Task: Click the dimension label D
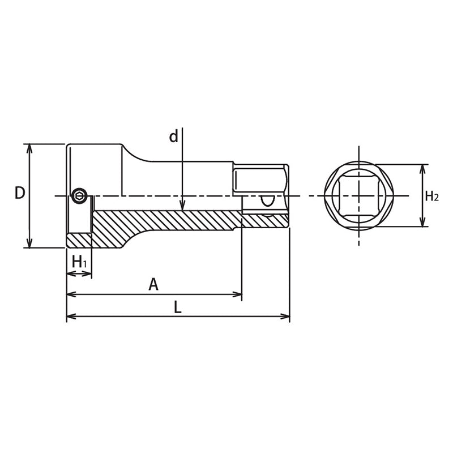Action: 20,193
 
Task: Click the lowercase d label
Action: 173,136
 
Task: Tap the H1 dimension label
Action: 80,261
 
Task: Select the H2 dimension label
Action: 431,196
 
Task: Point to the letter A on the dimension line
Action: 153,284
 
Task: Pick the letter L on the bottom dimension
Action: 177,307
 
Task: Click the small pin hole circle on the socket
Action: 79,197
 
